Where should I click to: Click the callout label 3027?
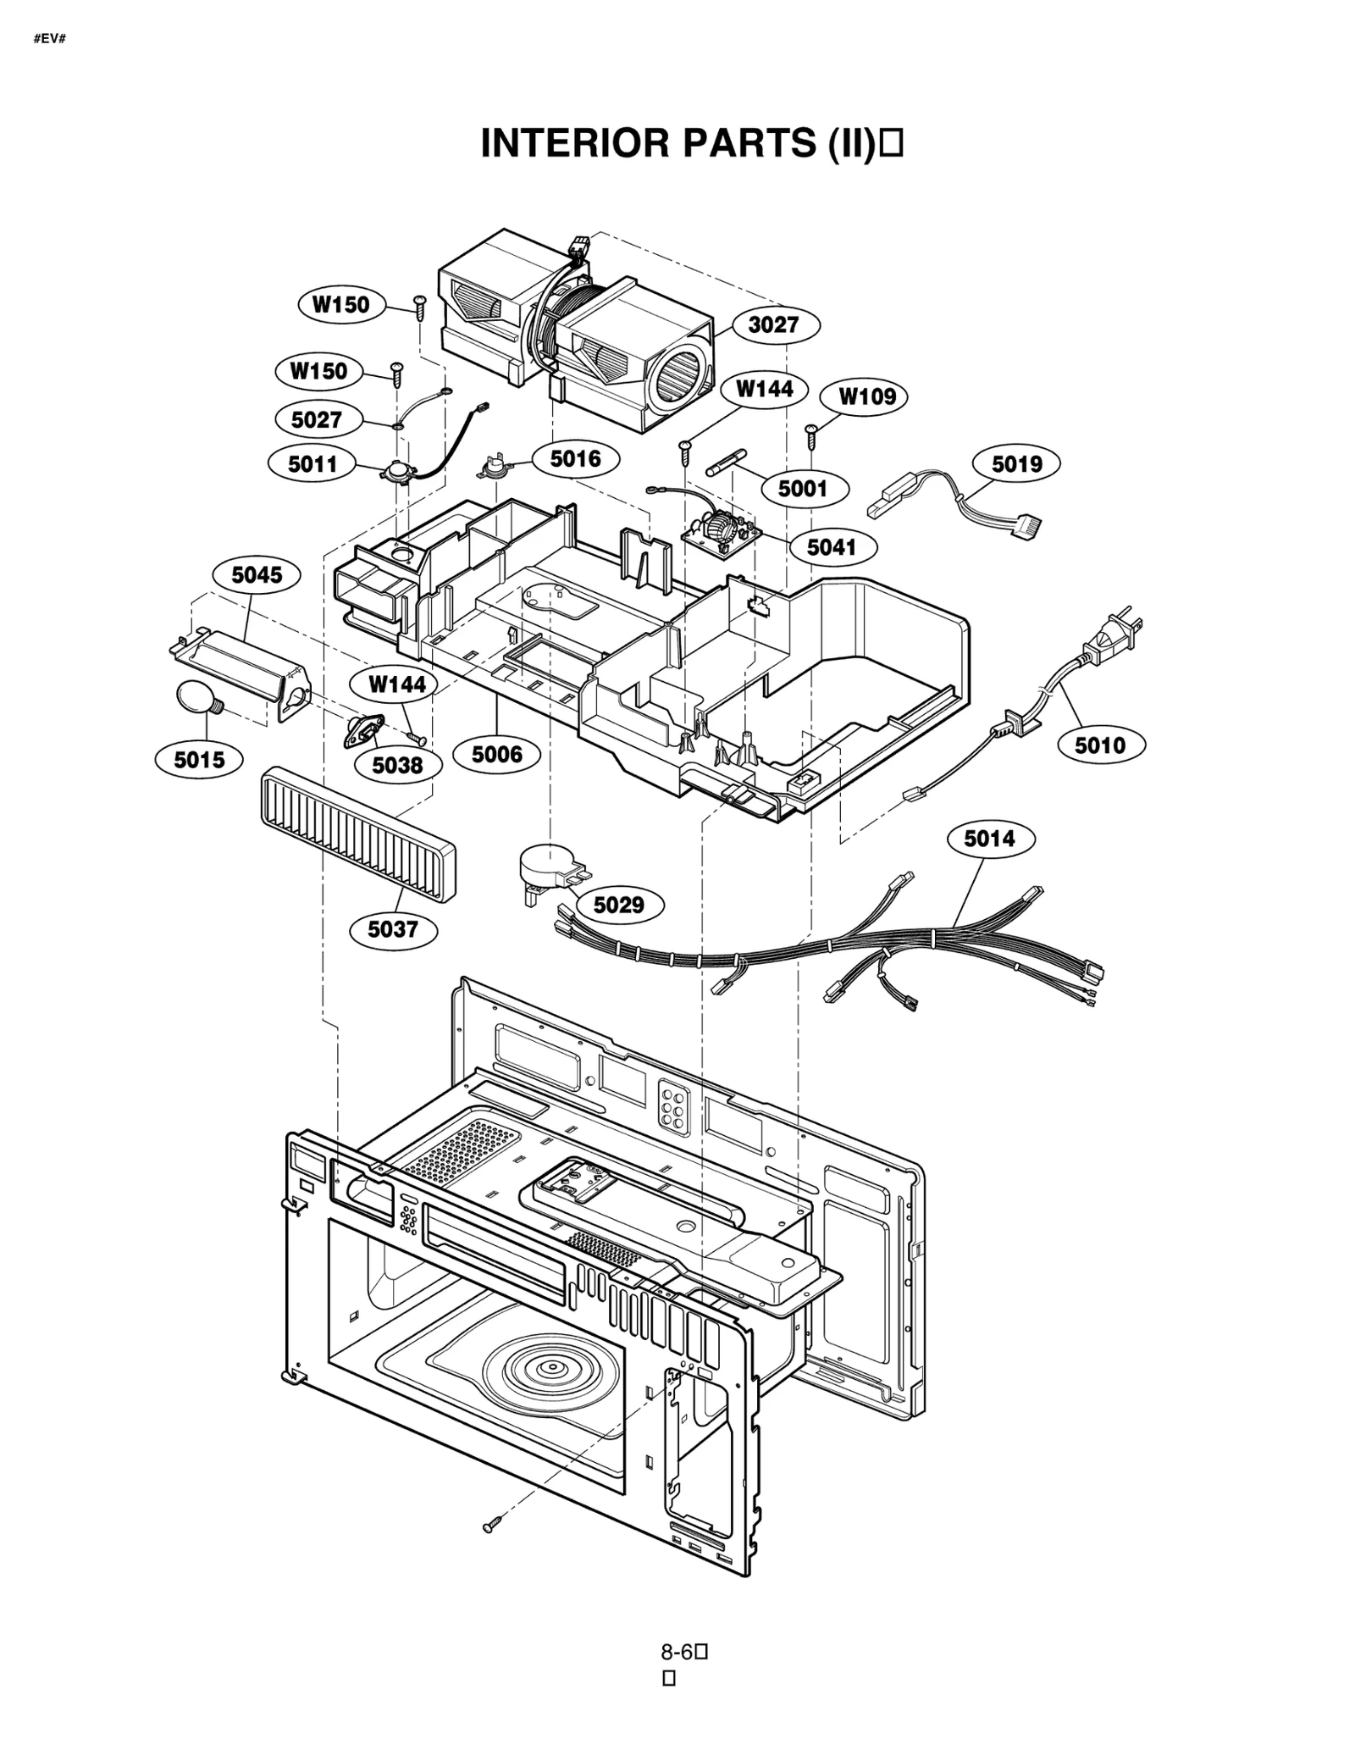click(772, 324)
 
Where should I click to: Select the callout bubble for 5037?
click(393, 929)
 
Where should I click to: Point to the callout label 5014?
click(989, 839)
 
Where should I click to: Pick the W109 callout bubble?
click(866, 396)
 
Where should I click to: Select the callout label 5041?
click(832, 547)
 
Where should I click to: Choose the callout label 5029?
click(618, 905)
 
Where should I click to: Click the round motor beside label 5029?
click(545, 865)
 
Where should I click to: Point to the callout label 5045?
click(257, 575)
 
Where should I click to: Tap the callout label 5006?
click(496, 754)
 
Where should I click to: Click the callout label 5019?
click(1016, 463)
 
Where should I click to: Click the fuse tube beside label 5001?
click(727, 463)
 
